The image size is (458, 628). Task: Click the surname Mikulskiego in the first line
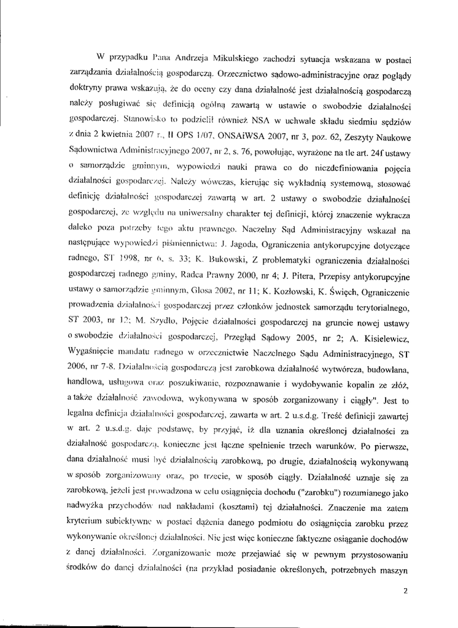pos(236,59)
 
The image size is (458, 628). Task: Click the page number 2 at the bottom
pos(406,592)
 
